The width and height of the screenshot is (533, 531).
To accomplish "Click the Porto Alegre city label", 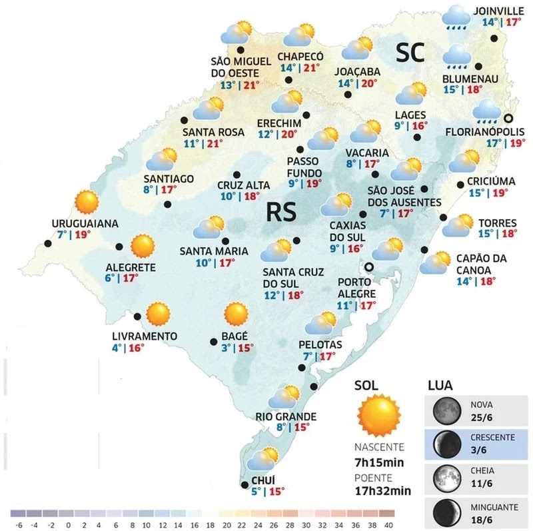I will coord(354,286).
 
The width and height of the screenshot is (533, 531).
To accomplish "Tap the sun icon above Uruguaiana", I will coord(87,201).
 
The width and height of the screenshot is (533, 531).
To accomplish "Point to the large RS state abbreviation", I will coord(280,212).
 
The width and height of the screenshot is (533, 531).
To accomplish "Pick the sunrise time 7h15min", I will coord(378,464).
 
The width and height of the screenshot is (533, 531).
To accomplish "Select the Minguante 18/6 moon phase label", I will coord(493,513).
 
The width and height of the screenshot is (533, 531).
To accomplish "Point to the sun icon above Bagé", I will coord(235,314).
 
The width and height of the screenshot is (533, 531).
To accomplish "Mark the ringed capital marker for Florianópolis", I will coord(509,119).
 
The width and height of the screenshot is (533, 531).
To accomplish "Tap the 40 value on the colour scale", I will coord(389,524).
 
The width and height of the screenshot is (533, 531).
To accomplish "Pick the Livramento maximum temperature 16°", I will coord(137,347).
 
